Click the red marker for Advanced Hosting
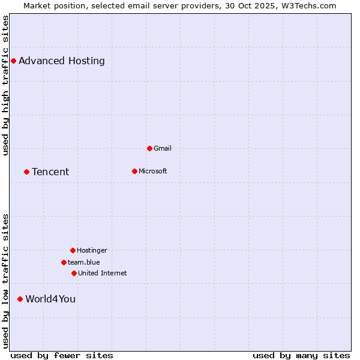(x=13, y=61)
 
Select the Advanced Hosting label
(x=62, y=61)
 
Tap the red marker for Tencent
(x=26, y=172)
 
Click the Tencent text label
(x=50, y=172)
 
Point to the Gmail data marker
(x=149, y=148)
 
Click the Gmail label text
(x=163, y=148)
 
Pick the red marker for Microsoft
(x=134, y=171)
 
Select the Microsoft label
(x=153, y=171)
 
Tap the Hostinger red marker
(x=73, y=250)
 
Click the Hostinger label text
(x=92, y=250)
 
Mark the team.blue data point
(x=64, y=262)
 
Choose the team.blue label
(x=84, y=262)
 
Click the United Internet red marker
(x=74, y=273)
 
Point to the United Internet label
(x=103, y=273)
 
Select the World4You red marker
(x=20, y=299)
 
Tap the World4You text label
(x=50, y=299)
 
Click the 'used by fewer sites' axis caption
(x=62, y=355)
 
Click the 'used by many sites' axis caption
(x=301, y=355)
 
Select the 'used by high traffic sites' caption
(x=5, y=85)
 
